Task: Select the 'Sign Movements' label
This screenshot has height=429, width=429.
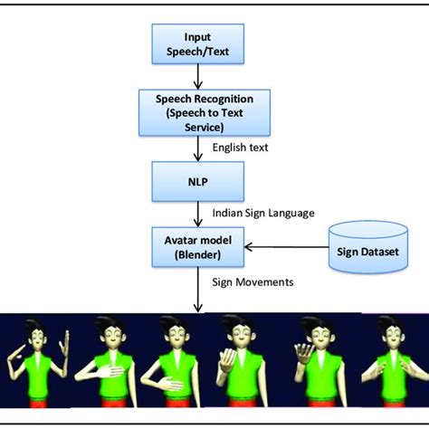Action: (x=253, y=281)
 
